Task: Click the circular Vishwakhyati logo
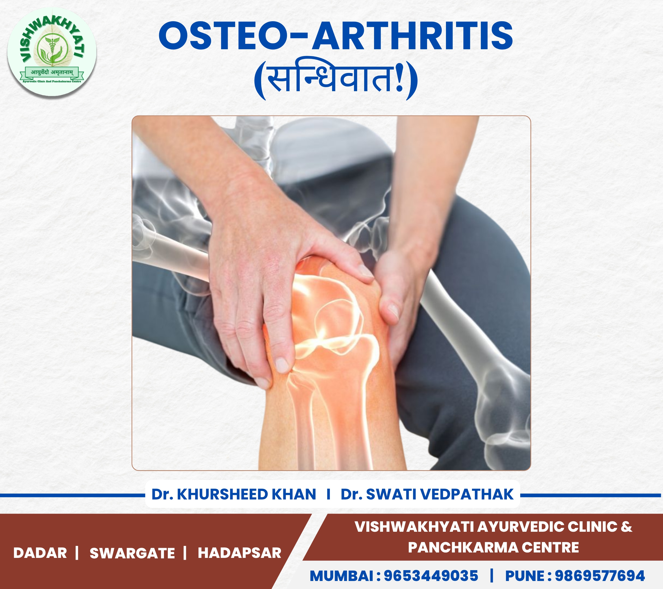point(52,52)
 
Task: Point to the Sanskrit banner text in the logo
point(52,72)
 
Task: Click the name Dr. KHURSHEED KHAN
point(234,494)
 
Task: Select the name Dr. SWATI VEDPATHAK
point(427,494)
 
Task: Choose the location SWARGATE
point(132,553)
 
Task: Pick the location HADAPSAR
point(239,553)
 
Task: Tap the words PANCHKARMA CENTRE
point(493,547)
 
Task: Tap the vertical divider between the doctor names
point(329,494)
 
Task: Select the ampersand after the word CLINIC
point(626,527)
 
